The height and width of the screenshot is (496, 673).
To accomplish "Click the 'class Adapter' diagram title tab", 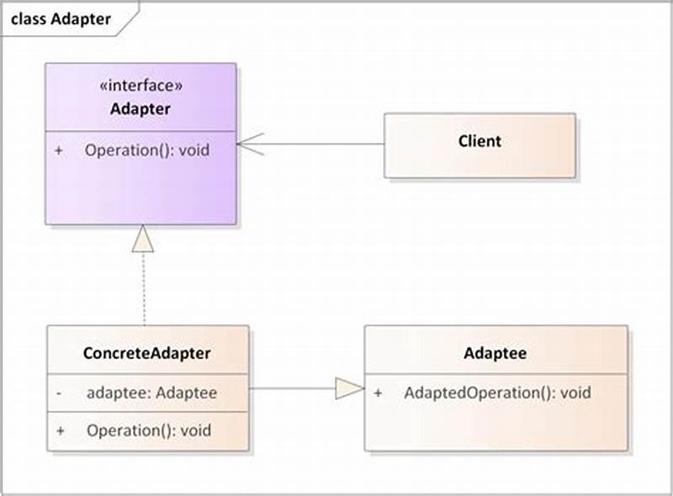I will pyautogui.click(x=61, y=18).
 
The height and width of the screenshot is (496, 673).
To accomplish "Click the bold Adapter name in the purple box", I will pyautogui.click(x=140, y=109).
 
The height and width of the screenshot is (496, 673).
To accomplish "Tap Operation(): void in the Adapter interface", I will pyautogui.click(x=146, y=151).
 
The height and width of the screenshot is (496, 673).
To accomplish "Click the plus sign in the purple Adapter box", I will pyautogui.click(x=59, y=151).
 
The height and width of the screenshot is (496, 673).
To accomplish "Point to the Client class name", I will pyautogui.click(x=480, y=141).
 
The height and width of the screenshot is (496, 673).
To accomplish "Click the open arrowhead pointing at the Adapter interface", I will pyautogui.click(x=251, y=144).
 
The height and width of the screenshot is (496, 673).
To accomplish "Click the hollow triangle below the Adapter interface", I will pyautogui.click(x=144, y=240).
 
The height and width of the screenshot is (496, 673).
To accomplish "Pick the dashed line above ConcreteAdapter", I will pyautogui.click(x=144, y=290).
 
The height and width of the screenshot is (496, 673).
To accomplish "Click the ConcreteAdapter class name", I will pyautogui.click(x=147, y=353).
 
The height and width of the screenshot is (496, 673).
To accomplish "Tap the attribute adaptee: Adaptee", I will pyautogui.click(x=151, y=393).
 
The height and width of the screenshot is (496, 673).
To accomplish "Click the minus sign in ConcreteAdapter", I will pyautogui.click(x=59, y=393).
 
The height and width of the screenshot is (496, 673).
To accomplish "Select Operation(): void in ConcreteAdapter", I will pyautogui.click(x=148, y=430).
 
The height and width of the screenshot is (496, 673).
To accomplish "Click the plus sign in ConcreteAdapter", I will pyautogui.click(x=59, y=430).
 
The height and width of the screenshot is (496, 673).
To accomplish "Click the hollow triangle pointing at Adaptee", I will pyautogui.click(x=348, y=388).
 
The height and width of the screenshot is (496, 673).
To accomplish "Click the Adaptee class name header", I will pyautogui.click(x=495, y=353).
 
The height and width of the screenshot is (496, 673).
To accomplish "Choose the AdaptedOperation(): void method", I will pyautogui.click(x=497, y=393).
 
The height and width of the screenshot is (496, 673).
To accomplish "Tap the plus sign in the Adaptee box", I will pyautogui.click(x=378, y=393).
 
